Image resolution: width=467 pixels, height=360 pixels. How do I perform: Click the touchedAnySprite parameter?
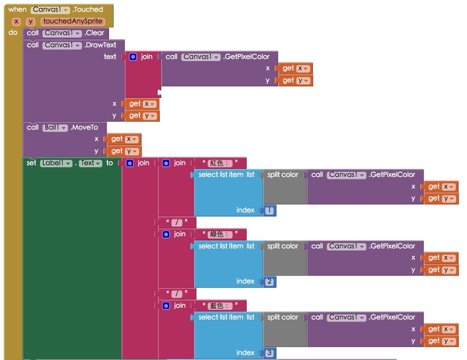coord(73,21)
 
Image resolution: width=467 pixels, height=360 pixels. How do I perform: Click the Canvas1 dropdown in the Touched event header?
coord(50,10)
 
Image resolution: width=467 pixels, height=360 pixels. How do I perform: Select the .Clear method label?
coord(94,33)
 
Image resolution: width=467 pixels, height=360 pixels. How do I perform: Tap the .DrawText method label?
coord(100,45)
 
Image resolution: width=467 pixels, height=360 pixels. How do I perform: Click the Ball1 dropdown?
coord(55,128)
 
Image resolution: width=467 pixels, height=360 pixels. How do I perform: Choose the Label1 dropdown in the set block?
coord(56,163)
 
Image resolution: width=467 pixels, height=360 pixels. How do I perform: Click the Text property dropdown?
coord(91,163)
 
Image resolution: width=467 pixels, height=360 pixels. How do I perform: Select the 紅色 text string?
coord(220,163)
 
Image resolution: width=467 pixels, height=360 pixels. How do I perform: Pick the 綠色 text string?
coord(220,234)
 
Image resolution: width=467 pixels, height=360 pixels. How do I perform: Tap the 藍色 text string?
coord(220,306)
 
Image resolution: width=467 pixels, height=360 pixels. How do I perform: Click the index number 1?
coord(269,210)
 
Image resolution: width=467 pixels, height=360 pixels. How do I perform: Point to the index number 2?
coord(269,282)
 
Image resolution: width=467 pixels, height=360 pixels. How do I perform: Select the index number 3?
coord(269,353)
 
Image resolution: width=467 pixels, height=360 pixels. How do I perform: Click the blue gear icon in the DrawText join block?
coord(133,57)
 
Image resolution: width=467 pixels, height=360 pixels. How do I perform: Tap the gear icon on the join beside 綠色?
coord(166,234)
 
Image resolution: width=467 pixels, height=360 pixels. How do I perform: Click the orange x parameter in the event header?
coord(16,21)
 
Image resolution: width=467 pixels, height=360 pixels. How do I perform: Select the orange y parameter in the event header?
coord(30,21)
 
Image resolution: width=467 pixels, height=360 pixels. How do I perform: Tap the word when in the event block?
coord(18,10)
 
